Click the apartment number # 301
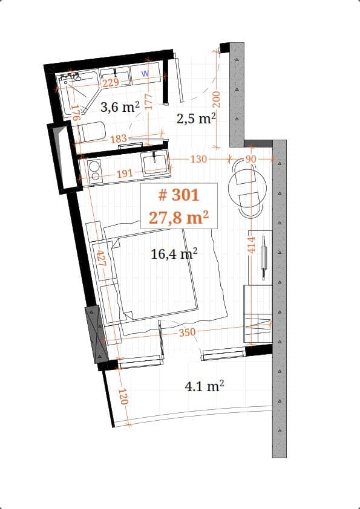click(178, 195)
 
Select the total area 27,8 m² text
click(179, 217)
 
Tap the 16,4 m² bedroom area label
click(174, 254)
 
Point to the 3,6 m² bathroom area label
click(120, 108)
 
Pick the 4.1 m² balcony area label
click(205, 386)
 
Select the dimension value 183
click(119, 138)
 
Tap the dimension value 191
click(124, 173)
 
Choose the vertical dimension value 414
click(252, 245)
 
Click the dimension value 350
click(187, 332)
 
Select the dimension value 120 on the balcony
click(123, 397)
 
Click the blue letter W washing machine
click(145, 73)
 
